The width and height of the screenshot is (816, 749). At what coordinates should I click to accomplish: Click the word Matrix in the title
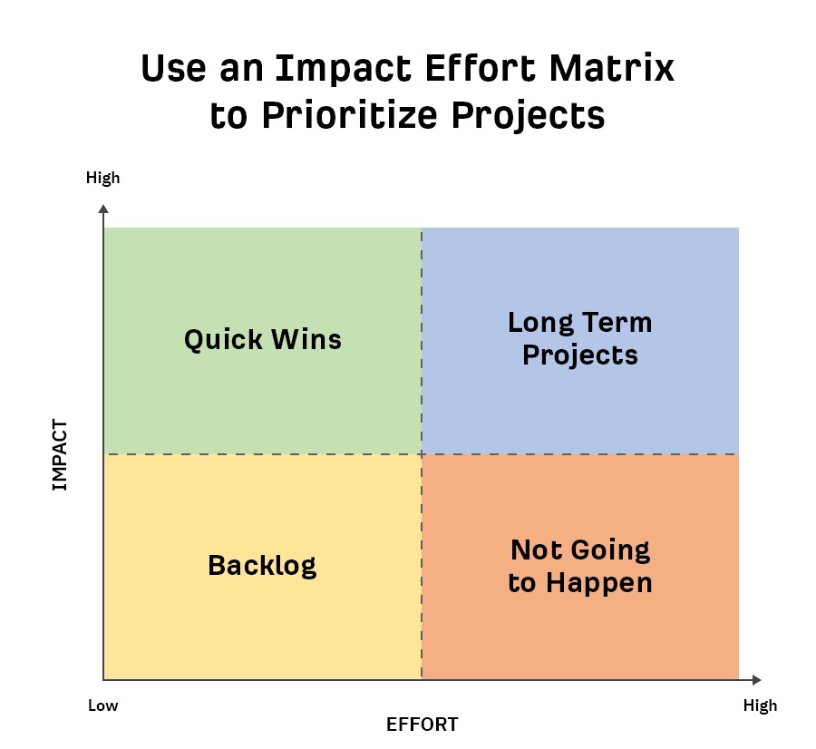pyautogui.click(x=611, y=68)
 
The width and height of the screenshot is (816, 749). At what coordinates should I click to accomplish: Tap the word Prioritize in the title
pyautogui.click(x=350, y=116)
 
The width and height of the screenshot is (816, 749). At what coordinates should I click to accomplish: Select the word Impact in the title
pyautogui.click(x=344, y=70)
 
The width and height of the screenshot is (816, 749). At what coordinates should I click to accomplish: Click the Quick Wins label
pyautogui.click(x=263, y=340)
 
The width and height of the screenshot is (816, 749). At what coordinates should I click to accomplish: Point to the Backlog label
pyautogui.click(x=262, y=566)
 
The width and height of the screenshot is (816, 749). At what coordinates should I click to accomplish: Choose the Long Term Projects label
pyautogui.click(x=580, y=339)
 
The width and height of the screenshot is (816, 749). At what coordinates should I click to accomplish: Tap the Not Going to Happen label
pyautogui.click(x=580, y=567)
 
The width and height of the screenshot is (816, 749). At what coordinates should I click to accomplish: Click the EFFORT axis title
pyautogui.click(x=422, y=724)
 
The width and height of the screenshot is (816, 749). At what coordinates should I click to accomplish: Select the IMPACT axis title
pyautogui.click(x=60, y=455)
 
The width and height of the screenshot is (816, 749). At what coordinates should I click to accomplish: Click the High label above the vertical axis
pyautogui.click(x=103, y=178)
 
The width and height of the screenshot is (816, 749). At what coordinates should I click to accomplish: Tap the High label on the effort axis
pyautogui.click(x=761, y=705)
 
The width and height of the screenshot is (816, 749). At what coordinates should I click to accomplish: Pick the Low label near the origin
pyautogui.click(x=103, y=705)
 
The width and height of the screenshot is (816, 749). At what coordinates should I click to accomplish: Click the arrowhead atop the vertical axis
pyautogui.click(x=103, y=209)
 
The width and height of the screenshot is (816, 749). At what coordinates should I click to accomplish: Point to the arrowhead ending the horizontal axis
pyautogui.click(x=757, y=680)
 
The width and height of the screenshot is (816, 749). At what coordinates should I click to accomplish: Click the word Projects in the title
pyautogui.click(x=528, y=116)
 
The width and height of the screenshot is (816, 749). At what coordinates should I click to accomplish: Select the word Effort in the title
pyautogui.click(x=481, y=68)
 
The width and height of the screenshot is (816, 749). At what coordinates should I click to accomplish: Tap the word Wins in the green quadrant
pyautogui.click(x=306, y=339)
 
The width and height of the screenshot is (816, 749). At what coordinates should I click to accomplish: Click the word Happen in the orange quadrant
pyautogui.click(x=599, y=583)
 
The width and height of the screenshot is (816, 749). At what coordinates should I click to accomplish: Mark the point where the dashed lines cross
pyautogui.click(x=422, y=454)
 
